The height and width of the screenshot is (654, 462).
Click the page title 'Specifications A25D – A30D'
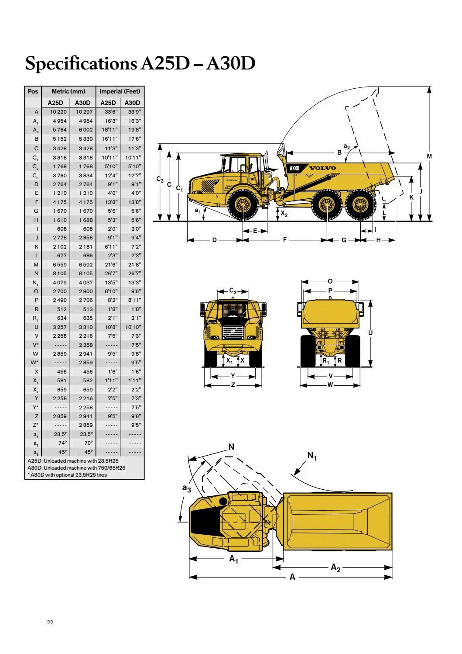coord(140,64)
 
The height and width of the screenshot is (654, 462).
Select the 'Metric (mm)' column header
coord(68,92)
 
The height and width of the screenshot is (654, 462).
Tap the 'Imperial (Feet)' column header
coord(120,92)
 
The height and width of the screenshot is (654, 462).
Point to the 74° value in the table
coord(62,443)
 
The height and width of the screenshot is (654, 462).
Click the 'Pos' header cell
coord(33,92)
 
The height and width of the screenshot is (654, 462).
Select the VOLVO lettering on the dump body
coord(322,168)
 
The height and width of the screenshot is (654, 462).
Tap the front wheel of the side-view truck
coord(243,204)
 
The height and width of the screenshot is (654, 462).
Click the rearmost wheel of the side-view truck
coord(360,204)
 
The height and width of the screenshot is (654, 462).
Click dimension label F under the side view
coord(285,240)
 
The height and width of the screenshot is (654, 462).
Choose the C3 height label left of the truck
coord(160,179)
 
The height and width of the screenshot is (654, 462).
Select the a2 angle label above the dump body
coord(346,146)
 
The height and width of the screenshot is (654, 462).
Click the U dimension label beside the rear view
coord(370,333)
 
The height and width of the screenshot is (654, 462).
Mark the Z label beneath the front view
coord(233,385)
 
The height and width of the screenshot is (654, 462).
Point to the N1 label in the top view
coord(312,456)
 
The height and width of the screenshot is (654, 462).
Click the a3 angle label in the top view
coord(186,489)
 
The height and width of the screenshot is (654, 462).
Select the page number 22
coord(50,623)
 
